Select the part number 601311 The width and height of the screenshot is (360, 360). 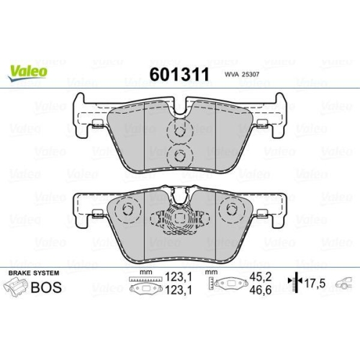pyautogui.click(x=178, y=74)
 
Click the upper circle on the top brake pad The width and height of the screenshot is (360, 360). pyautogui.click(x=177, y=131)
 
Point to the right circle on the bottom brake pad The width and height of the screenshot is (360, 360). pyautogui.click(x=230, y=211)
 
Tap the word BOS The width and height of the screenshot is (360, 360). pyautogui.click(x=45, y=287)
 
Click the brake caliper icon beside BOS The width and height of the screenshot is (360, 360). pyautogui.click(x=17, y=287)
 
